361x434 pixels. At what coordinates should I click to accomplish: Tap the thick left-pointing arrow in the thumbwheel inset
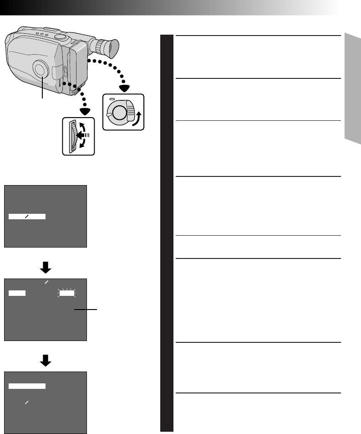click(82, 135)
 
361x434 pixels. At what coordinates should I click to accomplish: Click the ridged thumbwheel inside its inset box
click(71, 136)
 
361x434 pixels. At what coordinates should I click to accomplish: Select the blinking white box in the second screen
click(66, 294)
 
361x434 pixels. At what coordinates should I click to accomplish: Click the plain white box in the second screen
click(16, 294)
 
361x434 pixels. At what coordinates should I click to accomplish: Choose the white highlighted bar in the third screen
click(27, 386)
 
